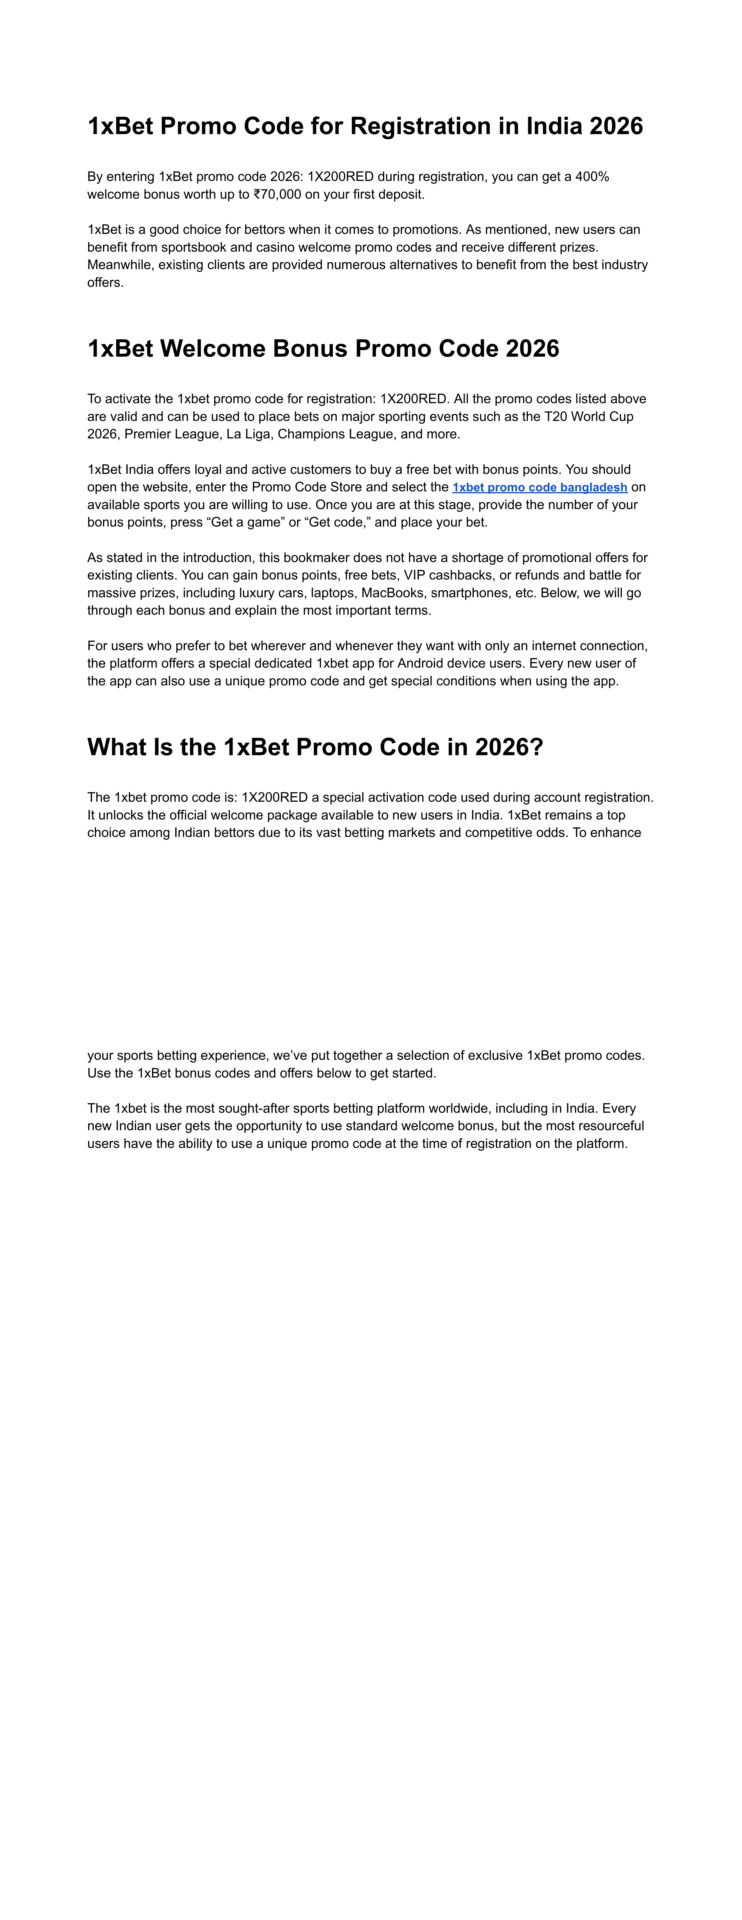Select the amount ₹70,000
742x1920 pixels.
(277, 195)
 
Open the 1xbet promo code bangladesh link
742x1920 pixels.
(539, 488)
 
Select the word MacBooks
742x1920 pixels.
(392, 593)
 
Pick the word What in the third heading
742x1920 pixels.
(117, 747)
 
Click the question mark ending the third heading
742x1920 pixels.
(536, 747)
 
